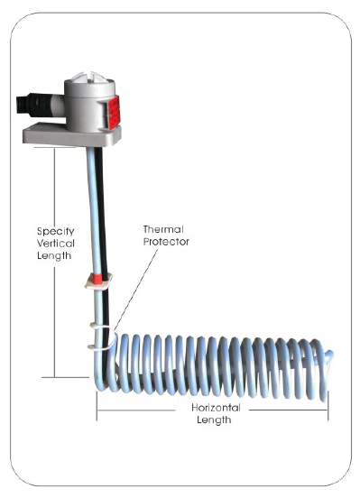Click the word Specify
point(56,232)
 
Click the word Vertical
point(56,244)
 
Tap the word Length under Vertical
point(54,256)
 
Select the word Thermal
point(163,229)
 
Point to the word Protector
point(166,242)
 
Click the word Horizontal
point(216,408)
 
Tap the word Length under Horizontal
point(214,420)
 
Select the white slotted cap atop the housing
point(90,78)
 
